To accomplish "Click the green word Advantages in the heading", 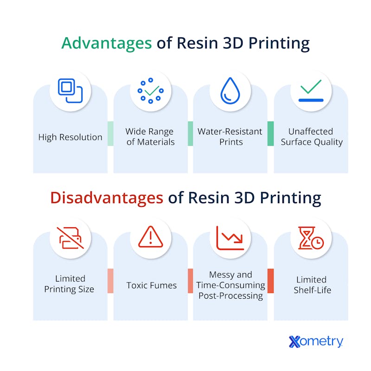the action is [107, 43].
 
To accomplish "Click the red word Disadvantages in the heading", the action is [107, 198].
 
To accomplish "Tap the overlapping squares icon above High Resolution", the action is [70, 90].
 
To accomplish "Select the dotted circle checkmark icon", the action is [150, 90].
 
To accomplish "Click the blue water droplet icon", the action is [230, 90].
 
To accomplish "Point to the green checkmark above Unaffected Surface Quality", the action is [311, 86].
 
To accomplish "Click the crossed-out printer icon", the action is [70, 238].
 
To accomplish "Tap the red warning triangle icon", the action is [150, 237].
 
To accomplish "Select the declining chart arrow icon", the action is [230, 238].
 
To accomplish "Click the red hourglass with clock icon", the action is [311, 238].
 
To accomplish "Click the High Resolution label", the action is [70, 137].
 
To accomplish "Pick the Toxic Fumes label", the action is [152, 285].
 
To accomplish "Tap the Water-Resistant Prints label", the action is [230, 136].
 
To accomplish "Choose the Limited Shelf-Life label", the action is [312, 285].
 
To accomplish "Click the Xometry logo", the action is [316, 341].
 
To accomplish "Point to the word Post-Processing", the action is [230, 296].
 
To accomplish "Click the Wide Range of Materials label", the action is [150, 136].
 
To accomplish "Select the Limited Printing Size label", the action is [69, 284].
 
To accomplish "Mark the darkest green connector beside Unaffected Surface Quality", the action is [271, 134].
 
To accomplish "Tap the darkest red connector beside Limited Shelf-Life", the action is [271, 281].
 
